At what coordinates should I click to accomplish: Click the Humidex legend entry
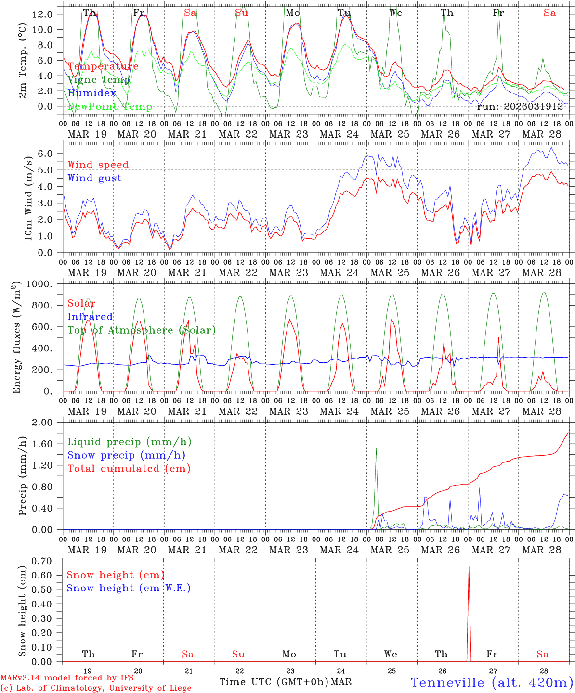click(x=92, y=93)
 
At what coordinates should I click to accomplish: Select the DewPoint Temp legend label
click(x=110, y=106)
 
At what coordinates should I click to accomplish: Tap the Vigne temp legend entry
click(x=99, y=79)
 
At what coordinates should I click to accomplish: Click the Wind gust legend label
click(x=94, y=178)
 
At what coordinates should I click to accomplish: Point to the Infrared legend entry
click(x=90, y=317)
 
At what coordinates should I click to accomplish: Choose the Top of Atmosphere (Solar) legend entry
click(x=142, y=330)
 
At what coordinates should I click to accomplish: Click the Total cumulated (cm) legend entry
click(x=129, y=468)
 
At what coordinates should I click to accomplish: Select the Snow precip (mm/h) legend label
click(x=126, y=455)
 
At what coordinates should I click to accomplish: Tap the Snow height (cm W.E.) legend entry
click(x=129, y=588)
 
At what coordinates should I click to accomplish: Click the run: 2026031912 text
click(x=520, y=106)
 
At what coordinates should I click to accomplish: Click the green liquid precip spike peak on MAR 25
click(x=376, y=449)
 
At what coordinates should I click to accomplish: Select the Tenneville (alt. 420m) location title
click(x=491, y=682)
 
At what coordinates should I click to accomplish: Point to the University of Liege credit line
click(x=96, y=688)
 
